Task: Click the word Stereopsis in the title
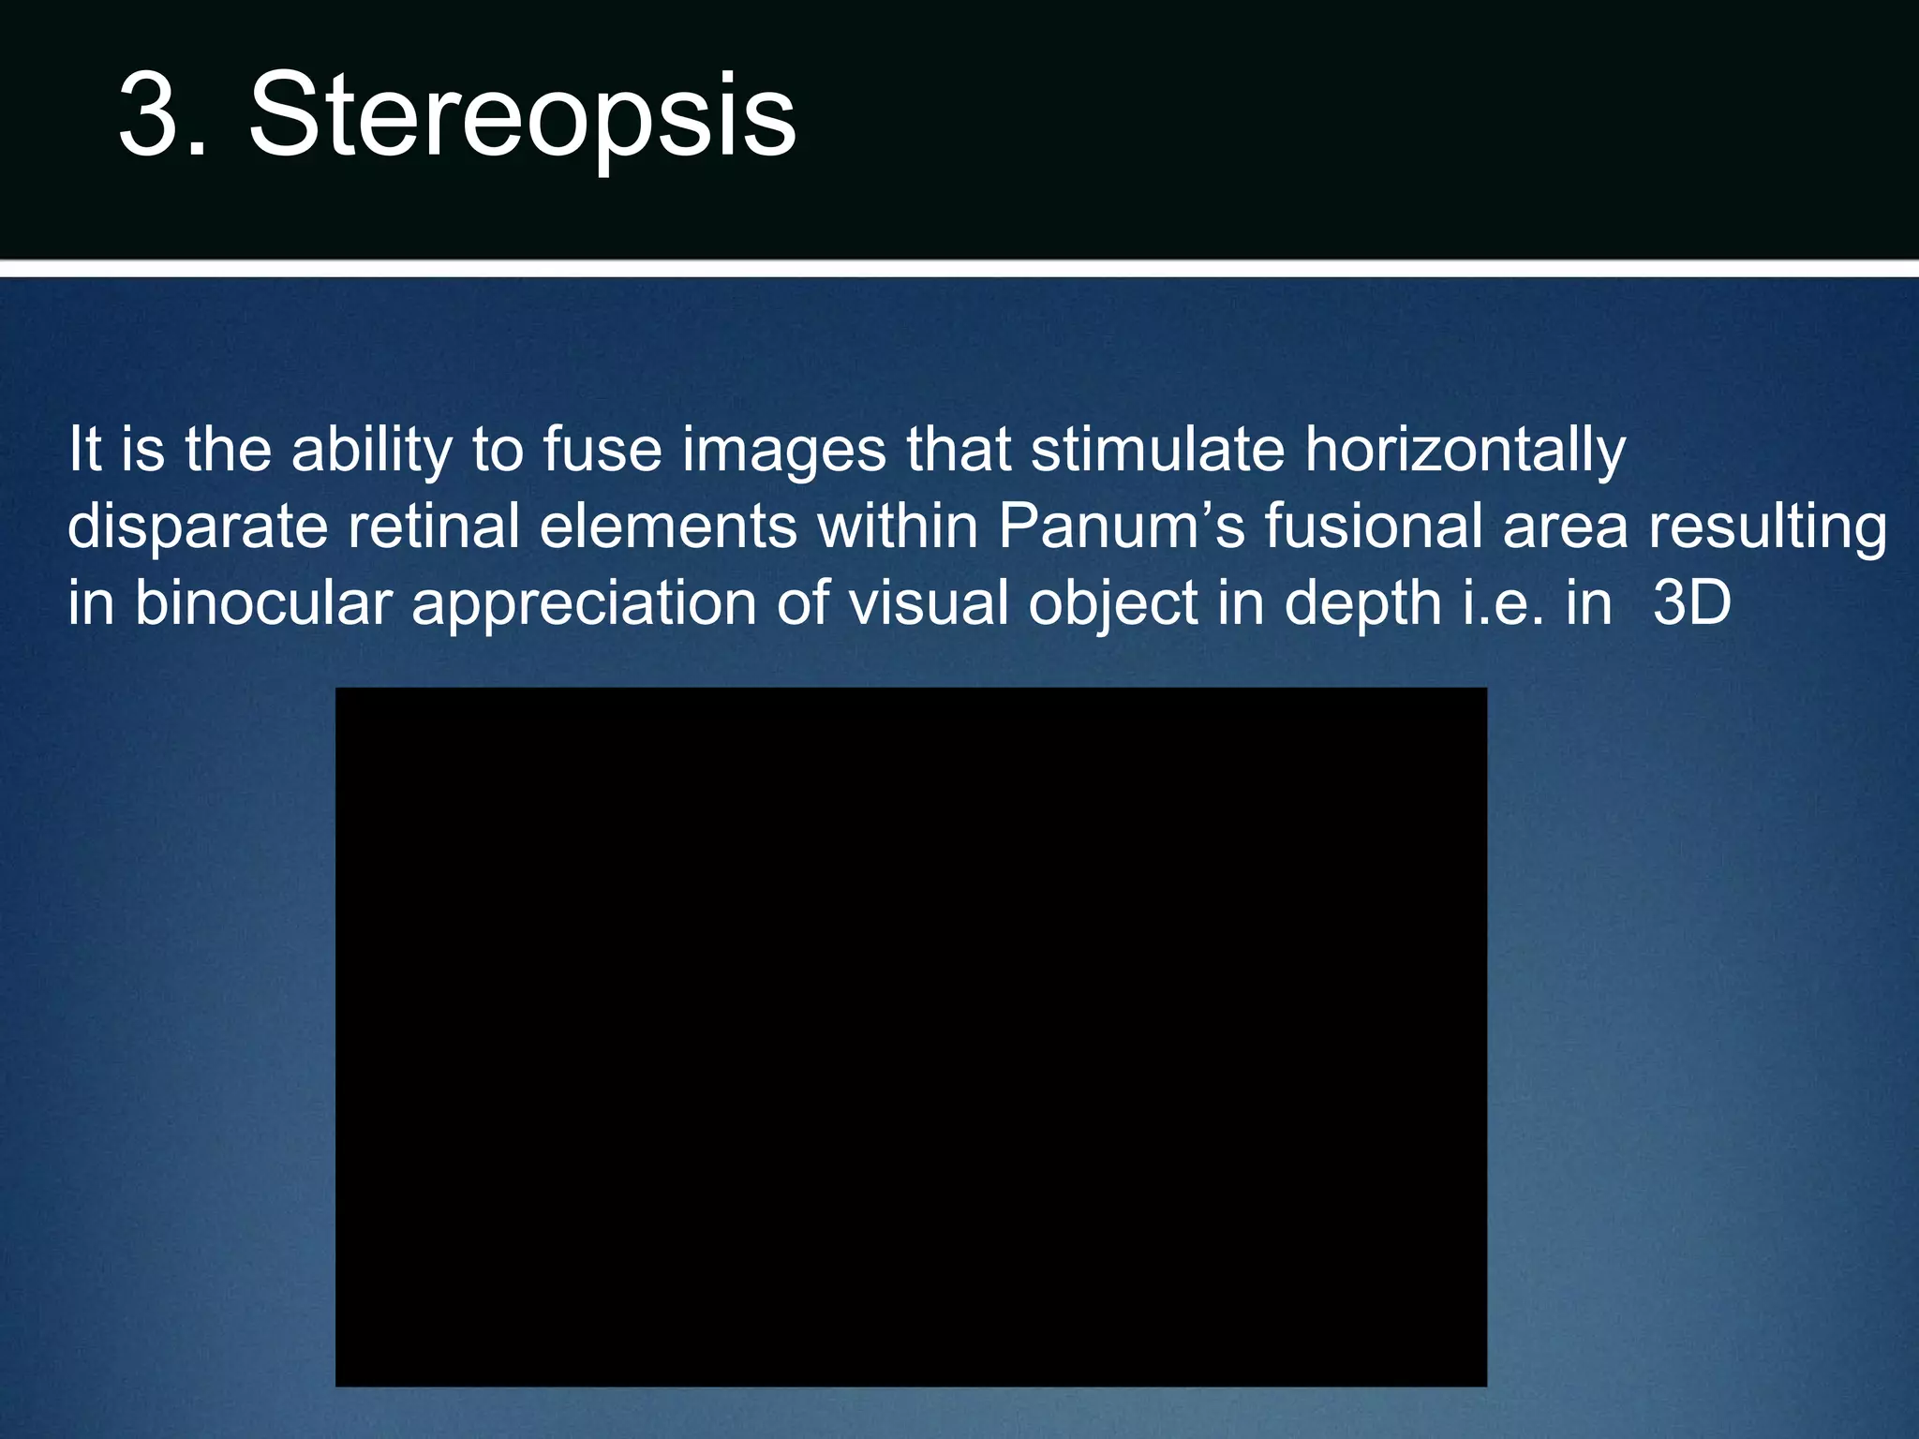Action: tap(522, 117)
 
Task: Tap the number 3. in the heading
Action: tap(162, 117)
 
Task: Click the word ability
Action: tap(372, 450)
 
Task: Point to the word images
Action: tap(783, 452)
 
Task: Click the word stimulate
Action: tap(1157, 450)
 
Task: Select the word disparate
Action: tap(198, 527)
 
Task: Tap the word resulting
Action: tap(1767, 527)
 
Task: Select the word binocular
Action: tap(263, 602)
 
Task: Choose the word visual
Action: tap(928, 602)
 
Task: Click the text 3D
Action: tap(1691, 602)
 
